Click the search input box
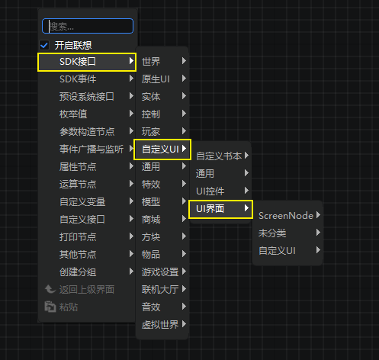(88, 26)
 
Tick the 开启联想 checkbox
(44, 46)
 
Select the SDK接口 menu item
(87, 62)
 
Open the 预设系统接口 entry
(87, 97)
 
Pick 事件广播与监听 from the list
(92, 149)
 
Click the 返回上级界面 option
(87, 290)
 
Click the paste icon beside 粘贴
(50, 307)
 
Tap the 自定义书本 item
(219, 156)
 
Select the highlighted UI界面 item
(220, 209)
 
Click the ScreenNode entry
(286, 216)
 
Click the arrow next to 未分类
(318, 233)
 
